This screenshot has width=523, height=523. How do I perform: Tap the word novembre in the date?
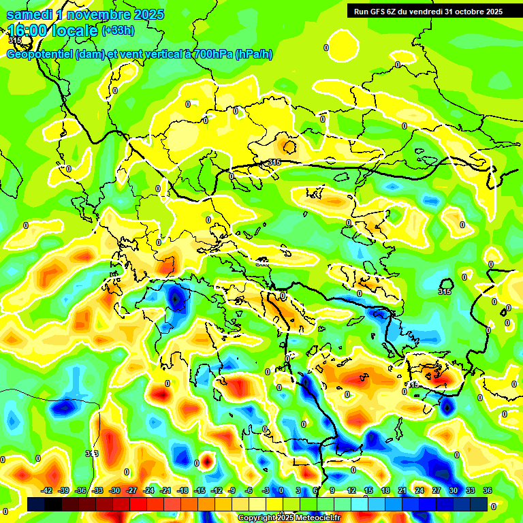click(x=101, y=14)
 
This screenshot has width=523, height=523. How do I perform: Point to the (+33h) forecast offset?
click(x=118, y=30)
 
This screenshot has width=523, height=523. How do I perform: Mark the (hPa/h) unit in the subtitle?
click(x=254, y=54)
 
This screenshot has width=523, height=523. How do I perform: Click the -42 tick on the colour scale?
click(x=47, y=490)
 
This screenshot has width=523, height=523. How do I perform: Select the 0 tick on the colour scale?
click(x=281, y=490)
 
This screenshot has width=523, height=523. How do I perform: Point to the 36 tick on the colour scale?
click(x=488, y=490)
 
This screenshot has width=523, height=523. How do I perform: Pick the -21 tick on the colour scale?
click(x=165, y=490)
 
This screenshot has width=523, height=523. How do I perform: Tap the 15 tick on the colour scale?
click(x=368, y=490)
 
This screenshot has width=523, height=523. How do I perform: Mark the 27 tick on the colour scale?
click(x=437, y=490)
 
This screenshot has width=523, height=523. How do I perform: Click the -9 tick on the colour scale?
click(x=232, y=490)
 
